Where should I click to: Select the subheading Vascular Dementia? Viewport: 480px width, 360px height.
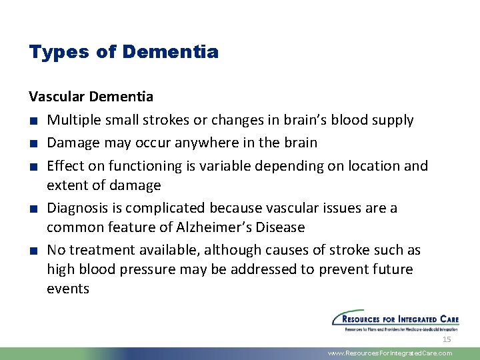91,97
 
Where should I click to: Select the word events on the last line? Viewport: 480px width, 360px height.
68,289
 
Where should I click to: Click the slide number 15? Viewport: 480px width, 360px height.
447,339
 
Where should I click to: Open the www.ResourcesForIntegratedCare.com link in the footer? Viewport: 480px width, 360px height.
390,353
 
